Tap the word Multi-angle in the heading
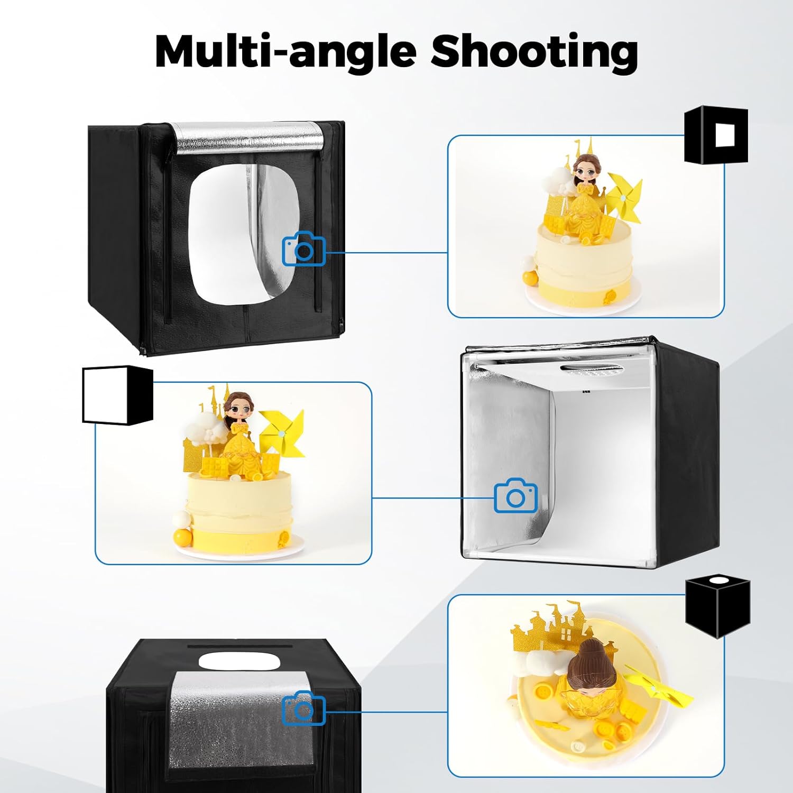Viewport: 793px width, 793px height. [x=286, y=51]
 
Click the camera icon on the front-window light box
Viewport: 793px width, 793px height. [x=304, y=248]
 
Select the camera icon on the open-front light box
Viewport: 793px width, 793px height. [x=515, y=495]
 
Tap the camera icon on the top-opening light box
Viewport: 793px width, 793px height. [x=303, y=708]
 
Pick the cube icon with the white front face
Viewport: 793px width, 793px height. [x=117, y=394]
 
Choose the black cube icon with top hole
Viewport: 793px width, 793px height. [x=718, y=607]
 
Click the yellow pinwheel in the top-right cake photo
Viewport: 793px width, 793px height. [x=625, y=196]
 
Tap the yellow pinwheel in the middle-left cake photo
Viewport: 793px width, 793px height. [x=282, y=432]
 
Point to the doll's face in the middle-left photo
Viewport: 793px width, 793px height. [x=237, y=409]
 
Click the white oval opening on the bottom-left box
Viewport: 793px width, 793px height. [x=239, y=661]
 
